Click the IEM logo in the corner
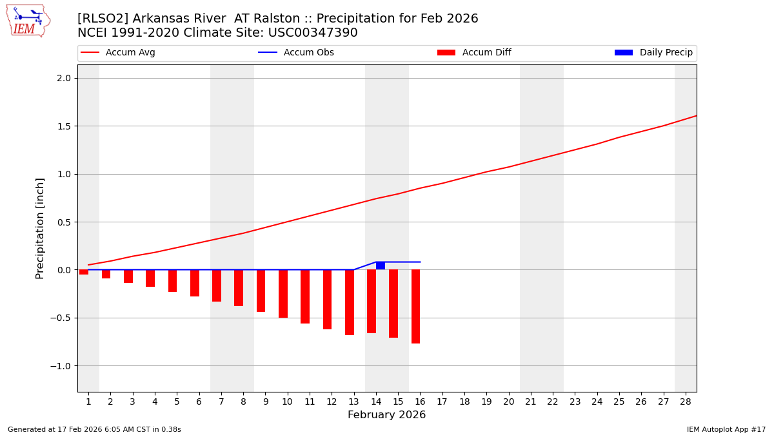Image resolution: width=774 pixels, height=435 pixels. click(28, 21)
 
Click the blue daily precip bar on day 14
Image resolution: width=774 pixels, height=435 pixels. click(381, 266)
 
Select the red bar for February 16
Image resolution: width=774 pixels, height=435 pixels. click(415, 306)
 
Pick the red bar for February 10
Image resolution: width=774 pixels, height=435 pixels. click(283, 293)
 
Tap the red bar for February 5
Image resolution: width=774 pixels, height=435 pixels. click(172, 280)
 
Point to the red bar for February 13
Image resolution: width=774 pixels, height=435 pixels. click(350, 302)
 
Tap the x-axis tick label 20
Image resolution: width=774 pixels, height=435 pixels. click(508, 401)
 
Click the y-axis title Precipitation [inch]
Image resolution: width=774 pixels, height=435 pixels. click(40, 228)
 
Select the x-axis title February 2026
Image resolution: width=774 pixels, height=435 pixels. click(386, 415)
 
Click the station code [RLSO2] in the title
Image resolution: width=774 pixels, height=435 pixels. click(103, 19)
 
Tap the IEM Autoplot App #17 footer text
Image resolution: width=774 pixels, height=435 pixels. click(726, 429)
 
